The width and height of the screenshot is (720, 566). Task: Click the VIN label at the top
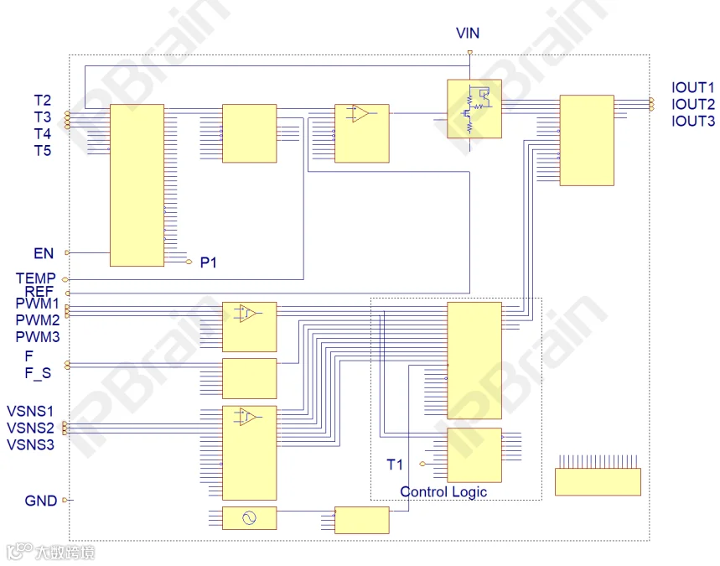pos(468,33)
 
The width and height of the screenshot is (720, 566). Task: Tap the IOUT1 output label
pos(693,87)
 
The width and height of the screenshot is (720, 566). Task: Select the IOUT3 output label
pos(693,121)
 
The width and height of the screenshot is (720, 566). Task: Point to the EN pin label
pos(44,253)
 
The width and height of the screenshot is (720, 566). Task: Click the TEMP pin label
pos(35,278)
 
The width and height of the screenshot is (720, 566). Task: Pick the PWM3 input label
pos(38,337)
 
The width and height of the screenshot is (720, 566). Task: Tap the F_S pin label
pos(38,373)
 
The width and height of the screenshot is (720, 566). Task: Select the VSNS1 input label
pos(30,411)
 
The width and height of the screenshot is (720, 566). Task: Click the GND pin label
pos(41,501)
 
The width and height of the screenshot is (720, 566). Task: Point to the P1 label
pos(209,262)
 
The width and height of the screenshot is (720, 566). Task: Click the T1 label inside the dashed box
pos(395,465)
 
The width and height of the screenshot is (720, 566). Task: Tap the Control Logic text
pos(443,491)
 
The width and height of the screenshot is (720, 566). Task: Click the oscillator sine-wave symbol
pos(249,518)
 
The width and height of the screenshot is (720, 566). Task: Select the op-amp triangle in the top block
pos(360,113)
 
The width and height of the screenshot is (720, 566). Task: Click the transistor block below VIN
pos(474,108)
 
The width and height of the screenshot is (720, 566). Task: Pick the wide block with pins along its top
pos(598,481)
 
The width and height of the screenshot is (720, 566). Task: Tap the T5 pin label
pos(43,151)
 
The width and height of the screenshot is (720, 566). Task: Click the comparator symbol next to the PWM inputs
pos(248,313)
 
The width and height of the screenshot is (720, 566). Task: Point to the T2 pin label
pos(43,100)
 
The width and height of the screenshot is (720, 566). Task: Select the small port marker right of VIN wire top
pos(469,53)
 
